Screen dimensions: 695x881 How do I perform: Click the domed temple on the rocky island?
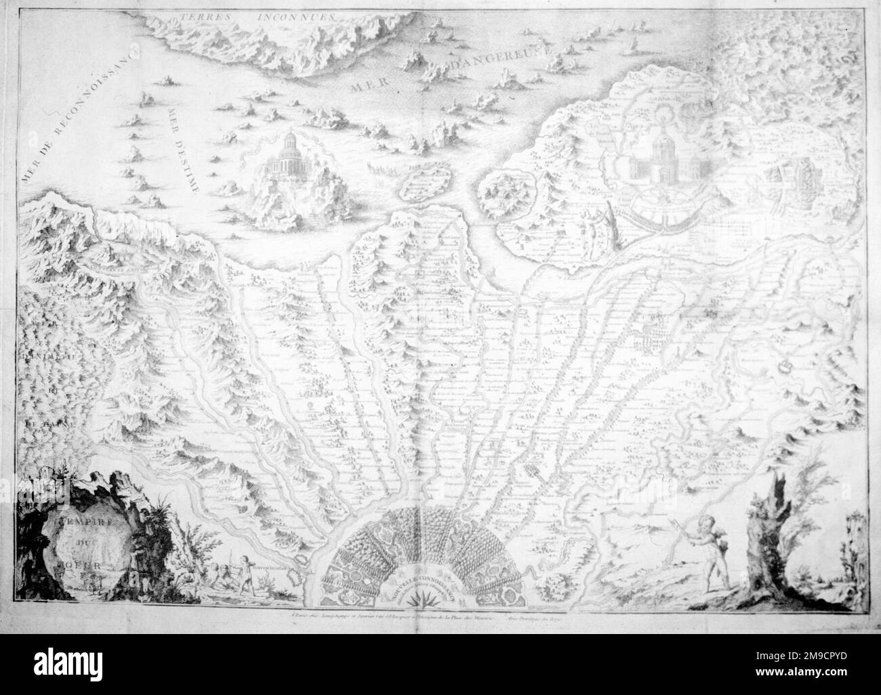click(284, 163)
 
